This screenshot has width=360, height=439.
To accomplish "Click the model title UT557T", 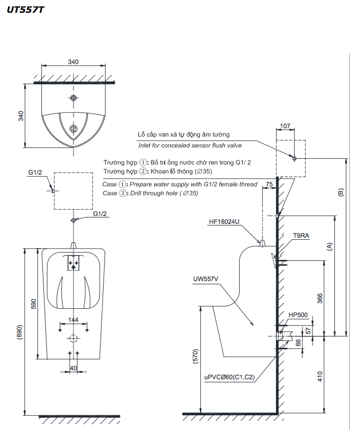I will click(25, 9).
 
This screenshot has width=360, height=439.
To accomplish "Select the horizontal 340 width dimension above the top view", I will click(73, 62).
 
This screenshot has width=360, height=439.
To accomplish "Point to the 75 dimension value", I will click(269, 184).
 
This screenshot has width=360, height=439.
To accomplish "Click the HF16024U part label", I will click(223, 222).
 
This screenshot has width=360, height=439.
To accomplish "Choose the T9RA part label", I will click(301, 236).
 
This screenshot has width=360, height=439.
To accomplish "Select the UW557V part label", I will click(206, 279).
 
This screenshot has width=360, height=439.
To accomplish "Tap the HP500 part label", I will click(298, 315).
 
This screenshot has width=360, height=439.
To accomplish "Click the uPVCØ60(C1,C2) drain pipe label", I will click(229, 377).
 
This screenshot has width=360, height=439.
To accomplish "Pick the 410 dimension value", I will click(320, 376).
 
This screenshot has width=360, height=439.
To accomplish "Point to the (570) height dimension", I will click(195, 359).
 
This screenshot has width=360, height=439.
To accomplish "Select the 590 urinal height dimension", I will click(34, 304).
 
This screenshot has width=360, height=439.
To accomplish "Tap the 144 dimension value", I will click(73, 320).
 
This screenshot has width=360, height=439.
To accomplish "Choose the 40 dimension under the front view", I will click(73, 368).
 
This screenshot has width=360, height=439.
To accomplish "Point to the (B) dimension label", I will click(340, 192).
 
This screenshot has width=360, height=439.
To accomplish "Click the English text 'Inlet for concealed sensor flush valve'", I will click(190, 146).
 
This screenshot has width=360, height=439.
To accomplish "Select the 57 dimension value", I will click(309, 330).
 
